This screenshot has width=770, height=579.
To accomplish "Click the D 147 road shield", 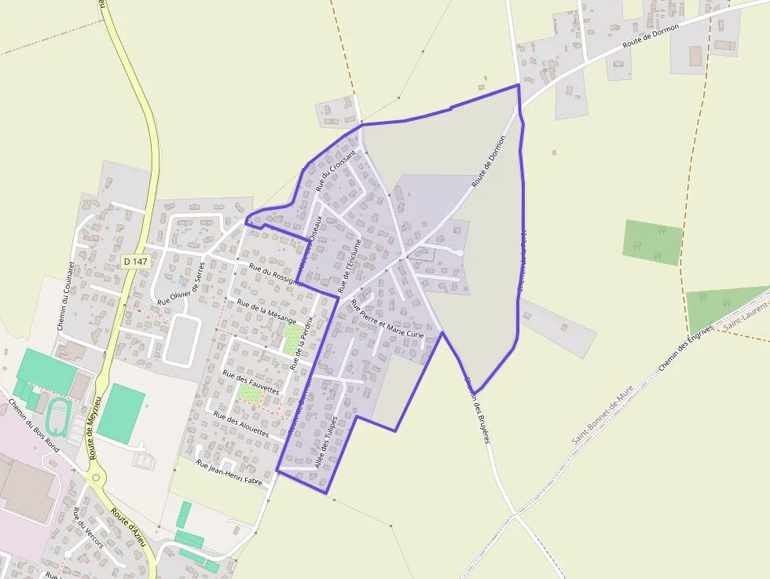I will pos(136,261).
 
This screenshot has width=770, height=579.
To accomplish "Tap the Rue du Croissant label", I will pos(335,170).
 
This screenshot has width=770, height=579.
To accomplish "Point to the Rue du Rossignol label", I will pos(273,274).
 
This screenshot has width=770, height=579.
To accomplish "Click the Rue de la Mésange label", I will pos(266,312).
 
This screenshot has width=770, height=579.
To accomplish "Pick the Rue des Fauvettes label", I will pos(251,382).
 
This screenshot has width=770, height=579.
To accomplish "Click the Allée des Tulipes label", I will pos(325,442).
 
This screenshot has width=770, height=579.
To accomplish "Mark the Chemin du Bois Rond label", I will pos(34,423).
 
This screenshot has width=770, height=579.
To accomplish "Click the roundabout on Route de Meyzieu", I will pos(96,476).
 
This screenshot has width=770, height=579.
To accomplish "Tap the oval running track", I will pos(57,416).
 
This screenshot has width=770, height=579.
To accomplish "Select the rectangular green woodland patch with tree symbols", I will pos(653,242).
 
